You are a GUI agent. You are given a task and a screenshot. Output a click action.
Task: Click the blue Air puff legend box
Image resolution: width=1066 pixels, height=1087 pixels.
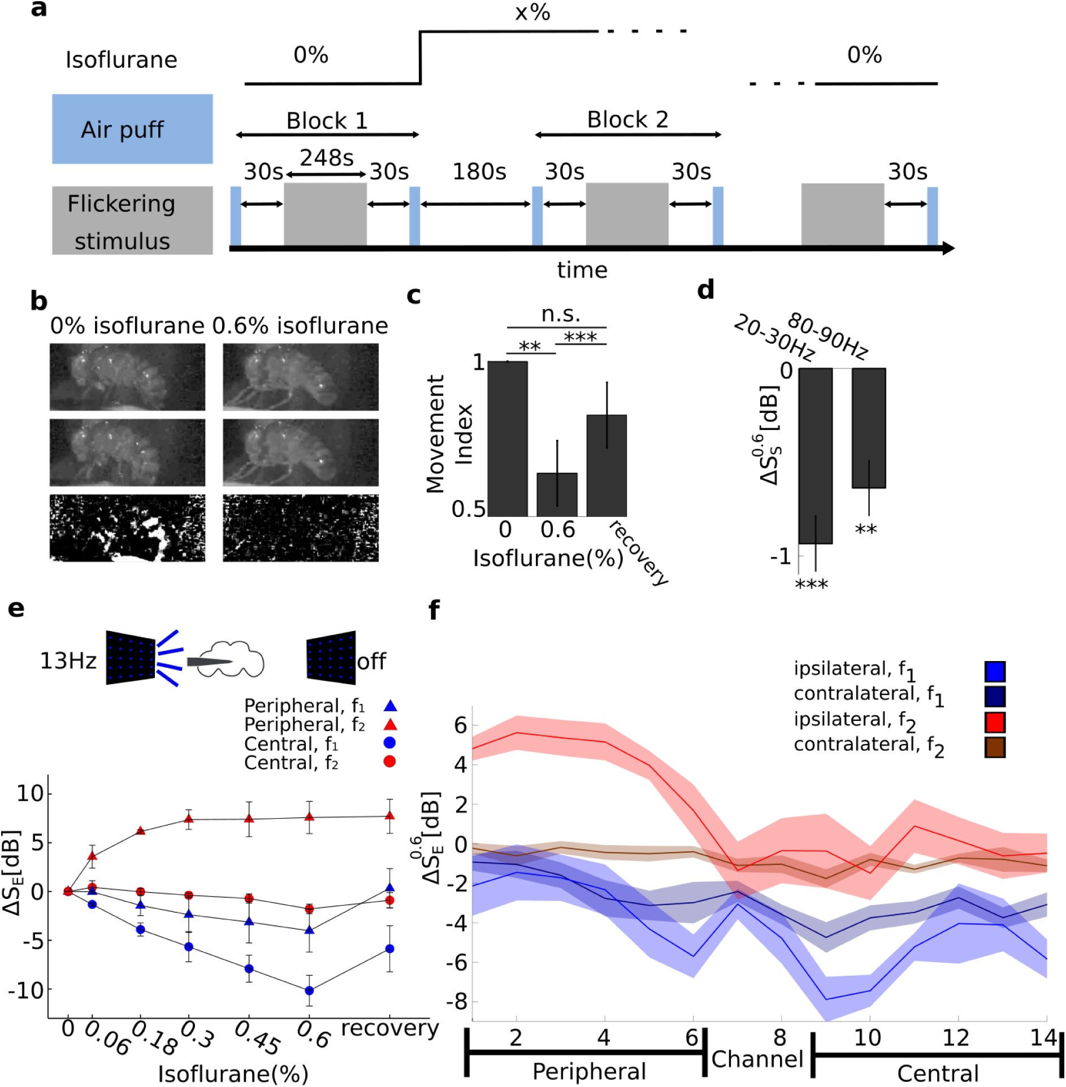click(x=132, y=129)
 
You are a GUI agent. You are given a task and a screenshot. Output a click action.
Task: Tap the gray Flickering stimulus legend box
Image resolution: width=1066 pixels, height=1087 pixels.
click(x=132, y=220)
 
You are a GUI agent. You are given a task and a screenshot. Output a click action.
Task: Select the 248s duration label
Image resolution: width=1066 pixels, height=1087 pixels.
click(x=327, y=158)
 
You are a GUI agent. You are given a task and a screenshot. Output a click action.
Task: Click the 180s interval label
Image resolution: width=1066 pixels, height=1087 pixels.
click(x=479, y=171)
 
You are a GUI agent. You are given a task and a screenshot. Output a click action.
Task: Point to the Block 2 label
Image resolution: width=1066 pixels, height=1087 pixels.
click(x=627, y=119)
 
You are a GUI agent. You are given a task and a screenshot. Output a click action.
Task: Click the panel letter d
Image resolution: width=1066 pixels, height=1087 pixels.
click(x=705, y=289)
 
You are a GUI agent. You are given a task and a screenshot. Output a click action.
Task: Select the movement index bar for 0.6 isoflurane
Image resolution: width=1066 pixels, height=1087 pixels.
click(x=557, y=494)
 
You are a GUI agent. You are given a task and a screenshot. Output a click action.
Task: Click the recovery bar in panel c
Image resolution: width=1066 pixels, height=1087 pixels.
click(x=606, y=466)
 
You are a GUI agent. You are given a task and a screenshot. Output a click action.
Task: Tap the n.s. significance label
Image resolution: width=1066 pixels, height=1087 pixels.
click(x=561, y=314)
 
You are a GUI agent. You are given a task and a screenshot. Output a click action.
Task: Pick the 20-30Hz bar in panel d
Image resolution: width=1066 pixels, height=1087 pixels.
click(x=815, y=456)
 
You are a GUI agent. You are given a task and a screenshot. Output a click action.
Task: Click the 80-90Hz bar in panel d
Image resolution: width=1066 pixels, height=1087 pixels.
click(x=869, y=428)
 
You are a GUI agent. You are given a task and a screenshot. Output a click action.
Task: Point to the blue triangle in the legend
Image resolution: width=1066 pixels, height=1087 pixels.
click(x=390, y=705)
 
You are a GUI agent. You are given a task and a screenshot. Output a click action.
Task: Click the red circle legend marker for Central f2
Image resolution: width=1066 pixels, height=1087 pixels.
click(x=389, y=762)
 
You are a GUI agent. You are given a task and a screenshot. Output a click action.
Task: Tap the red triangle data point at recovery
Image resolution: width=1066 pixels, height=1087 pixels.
click(x=390, y=815)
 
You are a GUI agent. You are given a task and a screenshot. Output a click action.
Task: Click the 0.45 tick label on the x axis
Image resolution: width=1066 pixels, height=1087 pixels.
click(x=257, y=1038)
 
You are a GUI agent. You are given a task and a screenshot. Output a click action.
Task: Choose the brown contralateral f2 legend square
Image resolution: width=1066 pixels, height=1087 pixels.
click(x=995, y=747)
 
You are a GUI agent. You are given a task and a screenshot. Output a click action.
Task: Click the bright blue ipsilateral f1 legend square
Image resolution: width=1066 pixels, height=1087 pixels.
click(x=995, y=671)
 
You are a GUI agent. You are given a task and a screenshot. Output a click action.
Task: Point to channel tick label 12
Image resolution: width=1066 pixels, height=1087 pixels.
click(x=956, y=1037)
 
